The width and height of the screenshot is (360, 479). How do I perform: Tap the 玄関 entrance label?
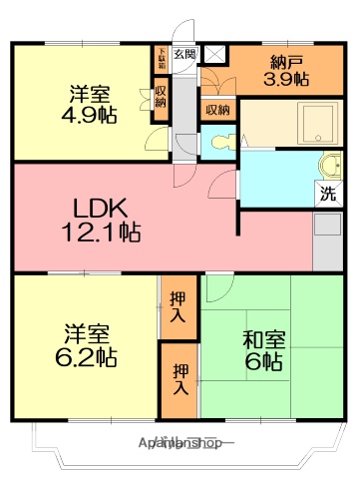click(x=185, y=54)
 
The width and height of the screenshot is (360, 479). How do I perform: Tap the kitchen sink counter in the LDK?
click(x=326, y=240)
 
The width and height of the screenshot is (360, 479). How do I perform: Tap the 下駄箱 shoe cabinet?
click(x=162, y=59)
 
